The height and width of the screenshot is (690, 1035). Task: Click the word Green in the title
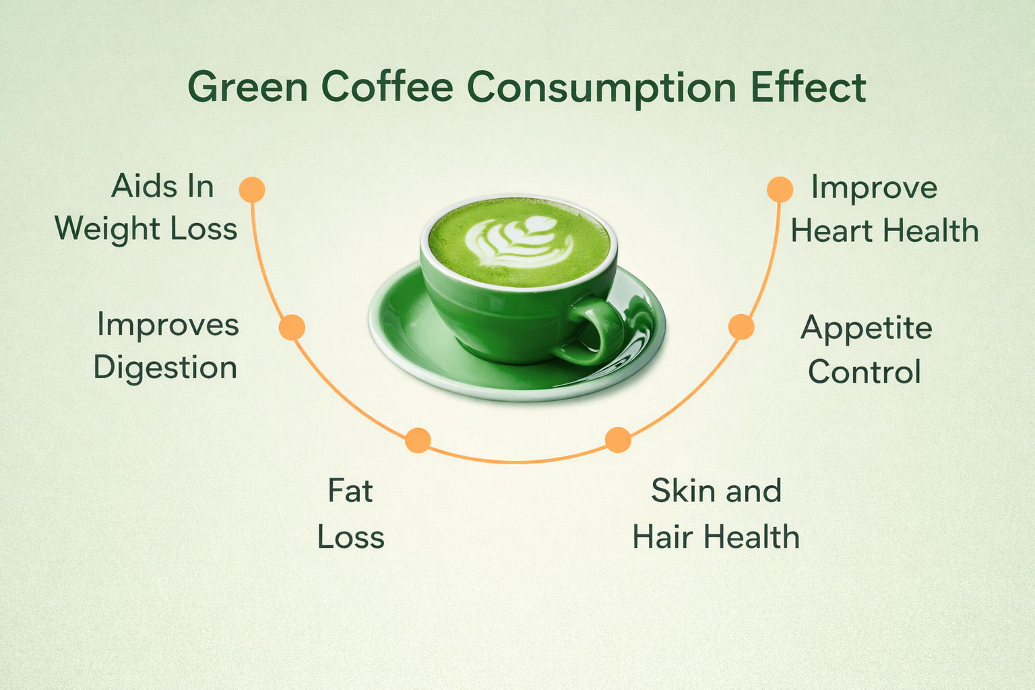248,87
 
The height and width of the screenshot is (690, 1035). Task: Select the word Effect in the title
809,86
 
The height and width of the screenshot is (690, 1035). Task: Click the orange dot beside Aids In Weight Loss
252,189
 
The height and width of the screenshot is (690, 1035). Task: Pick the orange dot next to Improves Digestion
292,327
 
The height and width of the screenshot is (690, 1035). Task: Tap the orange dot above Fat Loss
418,440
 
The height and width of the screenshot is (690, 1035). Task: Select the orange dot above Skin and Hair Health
618,440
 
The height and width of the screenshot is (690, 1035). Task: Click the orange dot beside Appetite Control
741,327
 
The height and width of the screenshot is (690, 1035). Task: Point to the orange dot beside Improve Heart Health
780,189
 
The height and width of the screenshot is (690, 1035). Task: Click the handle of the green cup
596,326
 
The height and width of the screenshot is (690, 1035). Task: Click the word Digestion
165,369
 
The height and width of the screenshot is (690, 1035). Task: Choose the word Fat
350,491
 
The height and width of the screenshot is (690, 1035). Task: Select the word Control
864,371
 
